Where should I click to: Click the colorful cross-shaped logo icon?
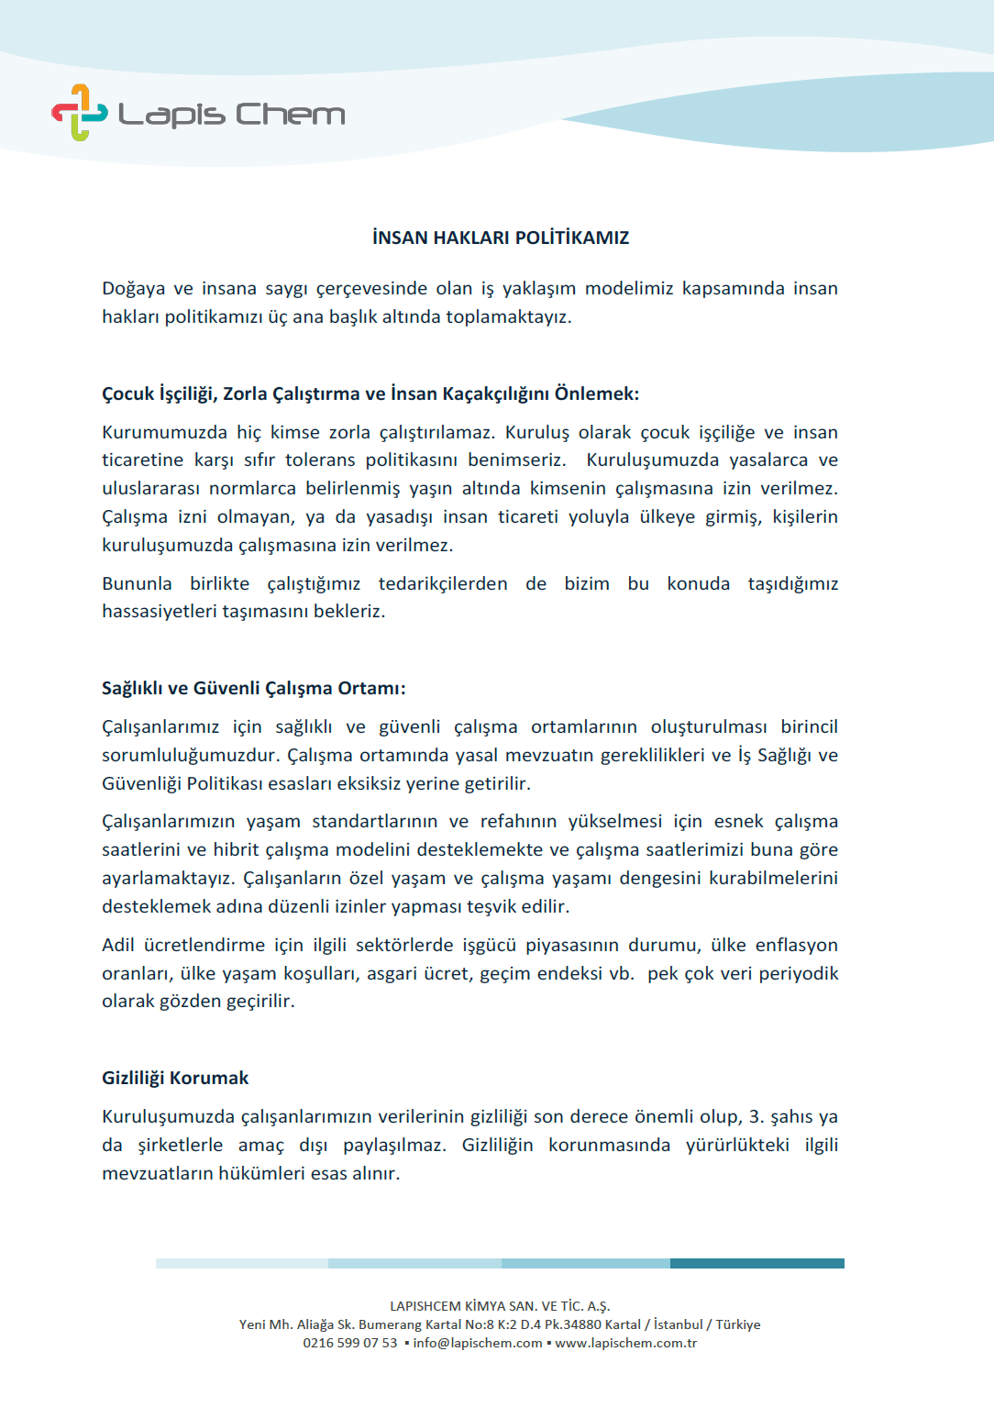(79, 113)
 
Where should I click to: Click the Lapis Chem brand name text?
(231, 115)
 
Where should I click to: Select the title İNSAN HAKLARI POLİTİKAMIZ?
(501, 238)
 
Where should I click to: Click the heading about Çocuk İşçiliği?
(370, 393)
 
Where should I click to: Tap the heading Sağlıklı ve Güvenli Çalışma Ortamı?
(253, 688)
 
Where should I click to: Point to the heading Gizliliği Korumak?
(175, 1078)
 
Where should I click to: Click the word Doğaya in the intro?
(133, 289)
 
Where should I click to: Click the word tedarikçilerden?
(443, 583)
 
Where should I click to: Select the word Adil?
(117, 945)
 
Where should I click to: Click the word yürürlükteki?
(737, 1145)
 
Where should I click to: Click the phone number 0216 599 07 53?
(350, 1343)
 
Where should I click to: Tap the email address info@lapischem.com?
(477, 1343)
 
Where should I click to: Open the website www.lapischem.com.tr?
(625, 1343)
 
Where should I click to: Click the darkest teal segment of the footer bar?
(757, 1263)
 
